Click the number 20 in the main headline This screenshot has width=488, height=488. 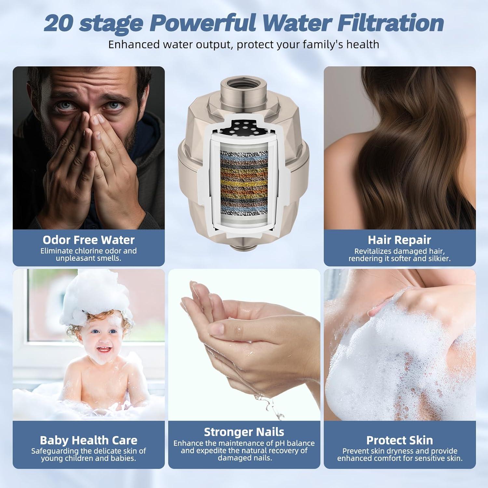click(59, 23)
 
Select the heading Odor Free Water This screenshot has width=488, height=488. click(88, 240)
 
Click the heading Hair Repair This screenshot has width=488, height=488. click(399, 240)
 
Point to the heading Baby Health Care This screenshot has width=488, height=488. click(88, 440)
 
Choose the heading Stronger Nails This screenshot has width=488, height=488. click(244, 432)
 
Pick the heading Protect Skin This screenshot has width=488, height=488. click(400, 440)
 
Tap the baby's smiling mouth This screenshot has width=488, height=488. click(104, 350)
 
